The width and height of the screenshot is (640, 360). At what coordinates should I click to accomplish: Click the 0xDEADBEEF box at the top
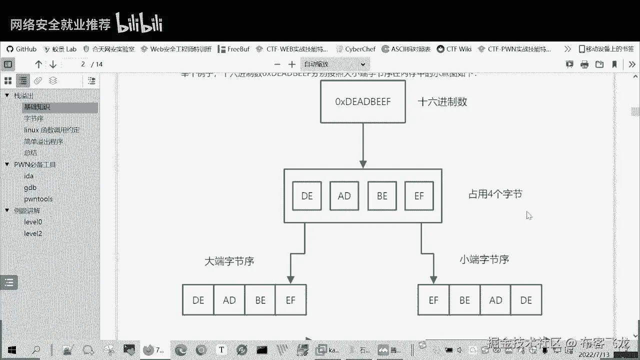(x=362, y=101)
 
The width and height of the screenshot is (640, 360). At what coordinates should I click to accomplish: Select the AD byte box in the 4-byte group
(x=344, y=196)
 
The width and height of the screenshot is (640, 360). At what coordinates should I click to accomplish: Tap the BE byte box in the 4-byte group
(x=382, y=196)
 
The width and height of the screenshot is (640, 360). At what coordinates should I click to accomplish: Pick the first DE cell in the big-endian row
(x=198, y=300)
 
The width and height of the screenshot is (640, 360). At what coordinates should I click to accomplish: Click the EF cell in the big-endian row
(x=290, y=300)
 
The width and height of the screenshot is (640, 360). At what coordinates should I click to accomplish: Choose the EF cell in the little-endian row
(x=433, y=300)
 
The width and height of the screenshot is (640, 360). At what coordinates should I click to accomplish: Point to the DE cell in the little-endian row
(x=526, y=300)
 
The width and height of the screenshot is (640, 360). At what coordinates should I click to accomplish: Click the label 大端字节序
(x=229, y=261)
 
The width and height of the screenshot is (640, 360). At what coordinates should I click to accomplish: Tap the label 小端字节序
(x=484, y=259)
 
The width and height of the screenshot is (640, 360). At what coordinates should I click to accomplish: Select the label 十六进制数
(x=442, y=101)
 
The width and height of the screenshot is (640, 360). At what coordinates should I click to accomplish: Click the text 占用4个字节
(x=495, y=194)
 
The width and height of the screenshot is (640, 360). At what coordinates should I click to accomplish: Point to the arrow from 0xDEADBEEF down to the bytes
(x=363, y=145)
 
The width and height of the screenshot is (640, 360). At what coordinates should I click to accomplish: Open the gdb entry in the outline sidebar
(x=30, y=187)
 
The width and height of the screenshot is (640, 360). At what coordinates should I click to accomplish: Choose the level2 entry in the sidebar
(x=33, y=233)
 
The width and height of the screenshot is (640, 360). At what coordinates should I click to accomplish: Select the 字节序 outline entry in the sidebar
(x=34, y=118)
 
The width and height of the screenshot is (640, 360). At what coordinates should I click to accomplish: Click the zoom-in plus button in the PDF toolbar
(x=292, y=64)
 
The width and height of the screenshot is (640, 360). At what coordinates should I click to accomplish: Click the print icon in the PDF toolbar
(x=584, y=64)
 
